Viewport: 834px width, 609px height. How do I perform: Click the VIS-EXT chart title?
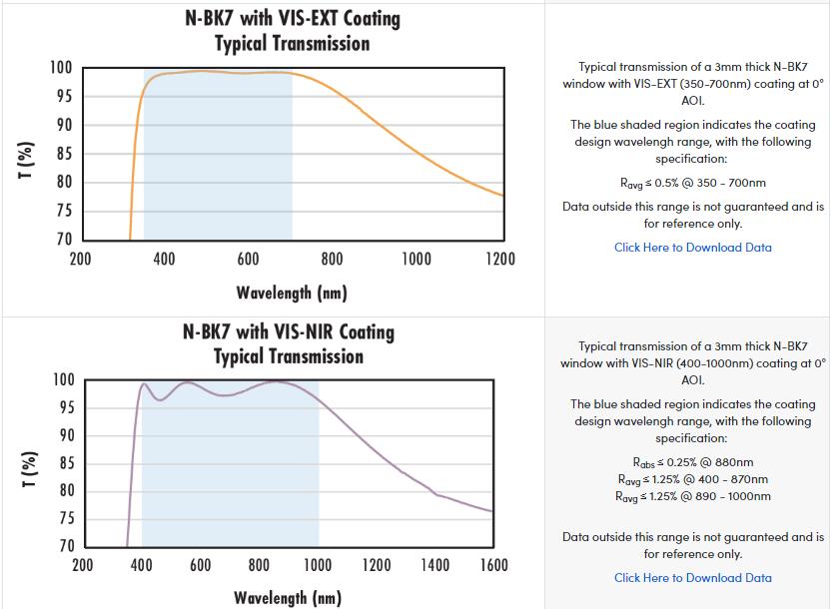292,31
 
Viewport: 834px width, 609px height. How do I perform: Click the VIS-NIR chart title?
288,343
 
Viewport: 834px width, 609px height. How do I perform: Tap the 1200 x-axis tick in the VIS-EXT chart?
499,260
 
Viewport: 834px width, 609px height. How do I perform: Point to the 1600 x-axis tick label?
493,565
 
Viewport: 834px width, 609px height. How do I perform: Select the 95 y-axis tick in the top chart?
62,97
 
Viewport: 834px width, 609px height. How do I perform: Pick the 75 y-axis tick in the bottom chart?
64,518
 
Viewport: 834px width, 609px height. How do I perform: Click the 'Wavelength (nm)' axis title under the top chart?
292,293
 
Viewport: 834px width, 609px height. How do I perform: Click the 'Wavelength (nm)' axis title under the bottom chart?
288,597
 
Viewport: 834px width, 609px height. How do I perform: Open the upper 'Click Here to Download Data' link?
692,248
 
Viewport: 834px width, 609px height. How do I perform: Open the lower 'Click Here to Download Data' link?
692,578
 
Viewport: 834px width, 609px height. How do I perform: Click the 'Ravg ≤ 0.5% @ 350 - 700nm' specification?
692,183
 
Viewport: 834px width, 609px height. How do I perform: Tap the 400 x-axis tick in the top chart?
165,260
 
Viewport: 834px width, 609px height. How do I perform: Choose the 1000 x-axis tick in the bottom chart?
318,565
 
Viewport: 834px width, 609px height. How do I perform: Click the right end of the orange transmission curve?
502,196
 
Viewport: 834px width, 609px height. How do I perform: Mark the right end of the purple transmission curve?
492,512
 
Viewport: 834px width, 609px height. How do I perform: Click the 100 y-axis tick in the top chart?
62,68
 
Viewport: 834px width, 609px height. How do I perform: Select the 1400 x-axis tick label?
434,565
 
